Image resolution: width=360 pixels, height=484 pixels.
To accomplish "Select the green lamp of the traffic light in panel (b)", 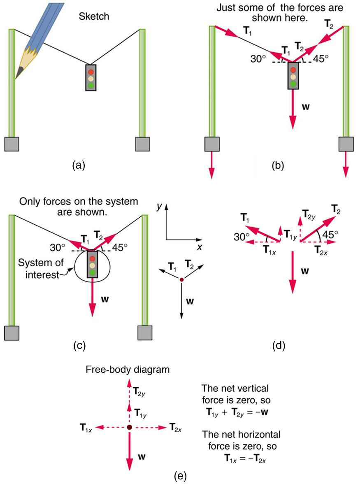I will point(293,84).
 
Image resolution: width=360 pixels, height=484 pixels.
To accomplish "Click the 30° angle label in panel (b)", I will point(259,58).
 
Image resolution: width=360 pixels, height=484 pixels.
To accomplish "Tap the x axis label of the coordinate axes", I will point(200,248).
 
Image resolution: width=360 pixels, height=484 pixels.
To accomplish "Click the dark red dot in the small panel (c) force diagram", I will point(181,280).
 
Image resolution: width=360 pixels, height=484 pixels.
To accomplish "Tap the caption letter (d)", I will point(279,346).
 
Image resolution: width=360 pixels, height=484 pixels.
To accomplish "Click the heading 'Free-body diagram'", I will point(128,370).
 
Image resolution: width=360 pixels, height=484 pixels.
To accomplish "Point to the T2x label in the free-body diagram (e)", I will point(175,428).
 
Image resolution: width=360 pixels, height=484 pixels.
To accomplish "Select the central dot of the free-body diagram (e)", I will point(129,428).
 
